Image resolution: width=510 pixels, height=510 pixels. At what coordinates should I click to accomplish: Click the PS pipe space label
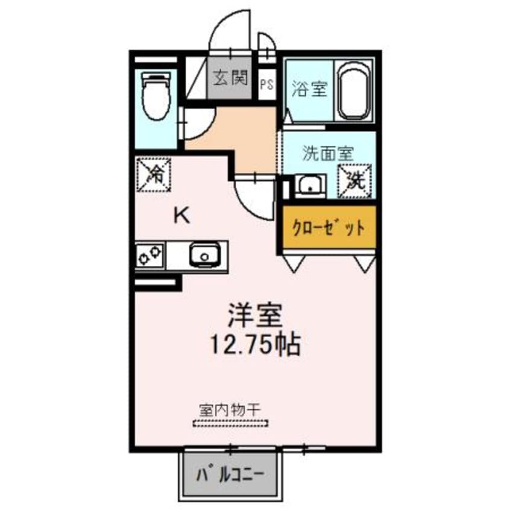point(266,84)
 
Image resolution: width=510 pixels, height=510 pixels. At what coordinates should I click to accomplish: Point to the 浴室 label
point(309,90)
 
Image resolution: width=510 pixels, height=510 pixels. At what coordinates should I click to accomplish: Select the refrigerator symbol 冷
point(154,174)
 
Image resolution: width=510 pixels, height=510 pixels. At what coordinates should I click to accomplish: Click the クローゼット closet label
point(328,228)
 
